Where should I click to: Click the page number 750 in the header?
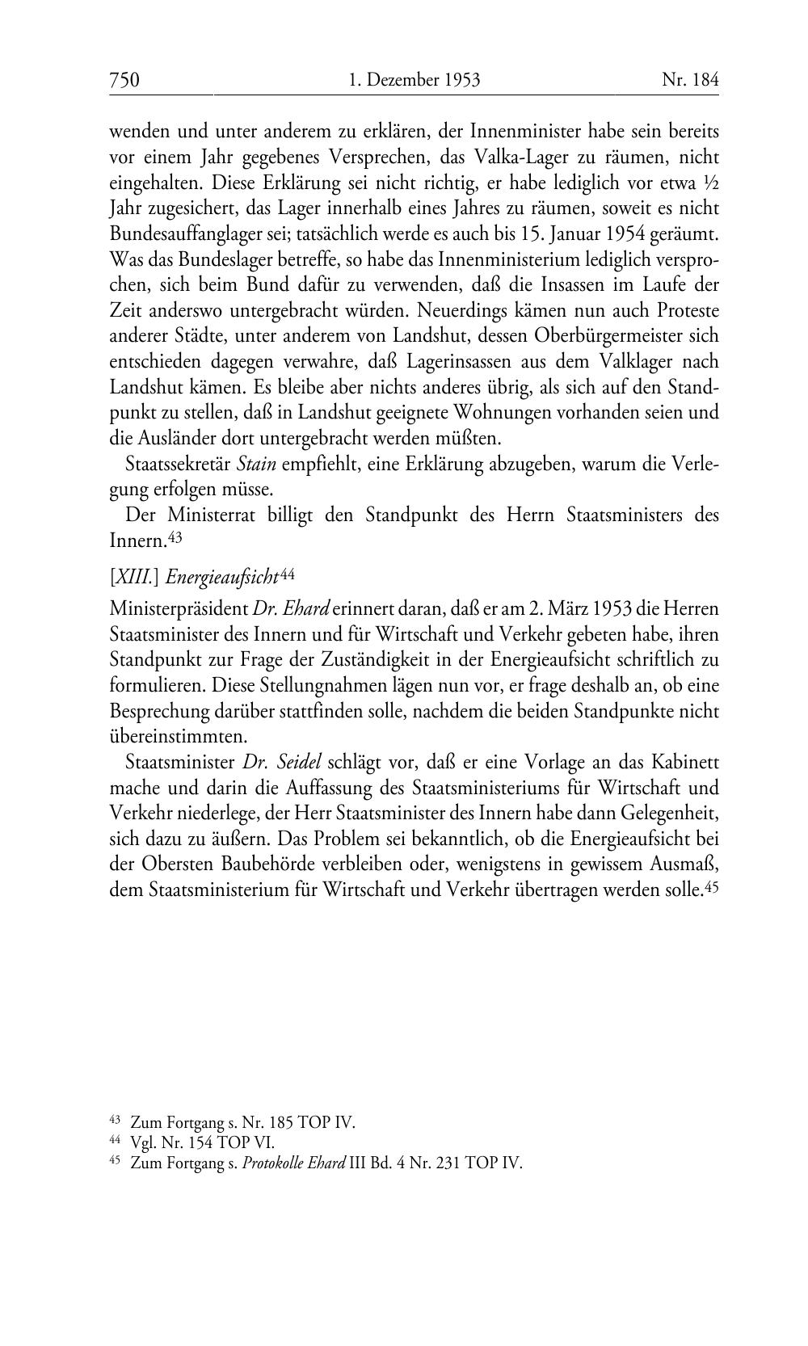[x=124, y=80]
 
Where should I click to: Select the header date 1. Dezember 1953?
[x=415, y=80]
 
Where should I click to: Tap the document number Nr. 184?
[x=690, y=80]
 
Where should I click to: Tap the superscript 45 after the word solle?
[x=712, y=886]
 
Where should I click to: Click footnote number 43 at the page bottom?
[x=114, y=1120]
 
